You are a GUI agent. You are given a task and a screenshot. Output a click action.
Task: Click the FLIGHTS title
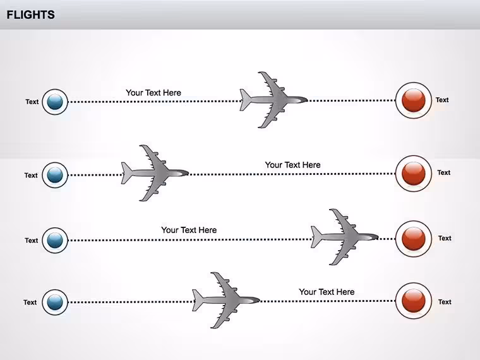30,15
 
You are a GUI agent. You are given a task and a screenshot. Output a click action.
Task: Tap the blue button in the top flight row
55,102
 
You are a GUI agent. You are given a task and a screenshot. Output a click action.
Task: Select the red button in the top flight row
413,100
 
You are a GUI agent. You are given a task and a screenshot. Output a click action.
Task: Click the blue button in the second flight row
55,175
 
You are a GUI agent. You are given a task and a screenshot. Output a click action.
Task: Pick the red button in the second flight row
413,174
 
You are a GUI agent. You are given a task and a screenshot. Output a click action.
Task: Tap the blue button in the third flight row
55,240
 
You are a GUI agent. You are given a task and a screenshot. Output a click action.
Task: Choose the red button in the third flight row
413,239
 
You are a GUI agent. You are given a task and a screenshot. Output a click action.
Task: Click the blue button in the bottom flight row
55,302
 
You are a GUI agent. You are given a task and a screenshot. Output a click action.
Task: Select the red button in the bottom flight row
413,301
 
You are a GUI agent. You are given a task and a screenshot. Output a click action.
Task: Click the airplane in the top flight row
272,100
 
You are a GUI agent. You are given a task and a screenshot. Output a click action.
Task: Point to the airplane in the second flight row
155,173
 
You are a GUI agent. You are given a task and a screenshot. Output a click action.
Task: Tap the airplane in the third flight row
344,237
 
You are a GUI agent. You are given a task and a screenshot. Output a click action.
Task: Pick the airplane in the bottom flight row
225,300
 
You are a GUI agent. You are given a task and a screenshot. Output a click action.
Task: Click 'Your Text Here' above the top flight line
153,92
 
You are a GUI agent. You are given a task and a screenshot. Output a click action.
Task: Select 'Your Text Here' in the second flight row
292,165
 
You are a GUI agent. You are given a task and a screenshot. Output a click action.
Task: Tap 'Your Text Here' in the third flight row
189,230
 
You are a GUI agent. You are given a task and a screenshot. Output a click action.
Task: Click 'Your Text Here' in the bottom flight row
327,292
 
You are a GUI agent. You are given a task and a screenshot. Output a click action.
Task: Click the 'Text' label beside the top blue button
32,102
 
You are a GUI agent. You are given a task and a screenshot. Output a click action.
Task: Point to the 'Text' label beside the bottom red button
445,302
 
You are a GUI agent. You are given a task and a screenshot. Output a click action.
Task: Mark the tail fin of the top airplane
245,100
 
